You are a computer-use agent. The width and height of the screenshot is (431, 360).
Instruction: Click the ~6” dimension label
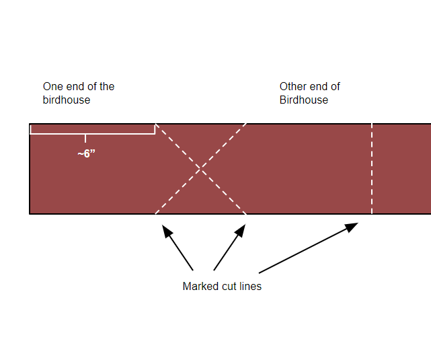(86, 153)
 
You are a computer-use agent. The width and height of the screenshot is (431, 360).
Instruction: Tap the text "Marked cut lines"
(222, 286)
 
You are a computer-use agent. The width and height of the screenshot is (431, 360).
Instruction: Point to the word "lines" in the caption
(250, 286)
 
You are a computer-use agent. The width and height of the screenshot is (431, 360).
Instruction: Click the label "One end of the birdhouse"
(78, 93)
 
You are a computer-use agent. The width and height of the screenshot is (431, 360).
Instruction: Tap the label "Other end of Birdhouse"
(309, 93)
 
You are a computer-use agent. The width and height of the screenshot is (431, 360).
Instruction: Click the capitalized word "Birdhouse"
(304, 100)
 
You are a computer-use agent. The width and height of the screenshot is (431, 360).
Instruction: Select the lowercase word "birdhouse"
(67, 100)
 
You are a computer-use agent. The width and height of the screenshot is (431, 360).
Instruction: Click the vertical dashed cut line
(372, 168)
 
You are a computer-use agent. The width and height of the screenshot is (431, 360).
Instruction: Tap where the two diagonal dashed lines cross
(200, 169)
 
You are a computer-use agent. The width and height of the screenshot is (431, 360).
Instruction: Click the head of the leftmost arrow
(165, 229)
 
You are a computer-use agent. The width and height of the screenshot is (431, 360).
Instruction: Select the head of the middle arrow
(242, 229)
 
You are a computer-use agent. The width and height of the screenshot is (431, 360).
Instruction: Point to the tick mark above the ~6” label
(85, 139)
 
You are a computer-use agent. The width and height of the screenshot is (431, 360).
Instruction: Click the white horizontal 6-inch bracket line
(93, 134)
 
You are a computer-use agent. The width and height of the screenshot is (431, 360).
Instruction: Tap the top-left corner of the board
(30, 124)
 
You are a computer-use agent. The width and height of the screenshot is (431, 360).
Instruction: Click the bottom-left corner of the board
(30, 214)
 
